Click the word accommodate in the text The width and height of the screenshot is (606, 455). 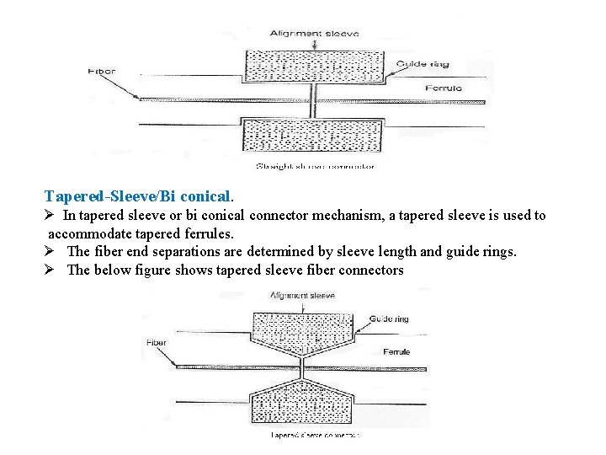pyautogui.click(x=89, y=233)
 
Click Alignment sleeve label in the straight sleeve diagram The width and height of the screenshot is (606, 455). pyautogui.click(x=314, y=34)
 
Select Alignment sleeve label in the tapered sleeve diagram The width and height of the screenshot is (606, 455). pyautogui.click(x=303, y=296)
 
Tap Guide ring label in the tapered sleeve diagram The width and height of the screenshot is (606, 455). pyautogui.click(x=389, y=319)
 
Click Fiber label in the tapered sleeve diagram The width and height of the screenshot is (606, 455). pyautogui.click(x=157, y=343)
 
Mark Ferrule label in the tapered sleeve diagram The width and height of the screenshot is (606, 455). pyautogui.click(x=396, y=351)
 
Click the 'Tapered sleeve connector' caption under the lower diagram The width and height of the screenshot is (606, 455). pyautogui.click(x=315, y=436)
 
